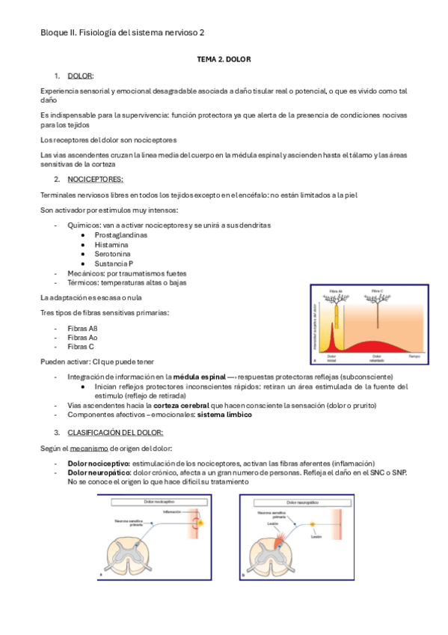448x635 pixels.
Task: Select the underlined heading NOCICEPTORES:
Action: [x=95, y=180]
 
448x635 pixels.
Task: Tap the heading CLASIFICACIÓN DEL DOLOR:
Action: [x=115, y=432]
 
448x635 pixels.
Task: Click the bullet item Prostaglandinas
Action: [x=120, y=234]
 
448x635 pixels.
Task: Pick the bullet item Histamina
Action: [x=111, y=244]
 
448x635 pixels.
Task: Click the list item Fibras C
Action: [x=81, y=347]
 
